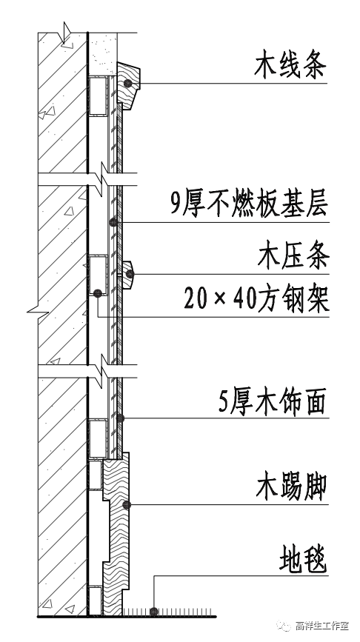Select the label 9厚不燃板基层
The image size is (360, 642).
[247, 203]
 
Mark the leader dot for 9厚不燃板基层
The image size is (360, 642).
[113, 221]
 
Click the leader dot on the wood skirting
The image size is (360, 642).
[127, 505]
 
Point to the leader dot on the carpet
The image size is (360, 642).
[153, 612]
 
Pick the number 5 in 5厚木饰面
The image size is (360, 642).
[224, 404]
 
